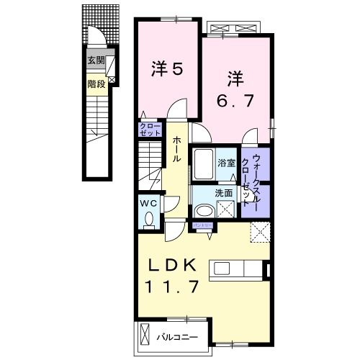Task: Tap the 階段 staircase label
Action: pos(96,83)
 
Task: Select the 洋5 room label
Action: pos(166,69)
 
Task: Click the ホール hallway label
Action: pos(176,148)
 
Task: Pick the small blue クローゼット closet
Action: pos(150,131)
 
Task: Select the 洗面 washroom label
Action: pos(224,193)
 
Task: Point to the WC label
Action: pos(149,203)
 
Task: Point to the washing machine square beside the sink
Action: pos(225,210)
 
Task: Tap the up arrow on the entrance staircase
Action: pos(94,130)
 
